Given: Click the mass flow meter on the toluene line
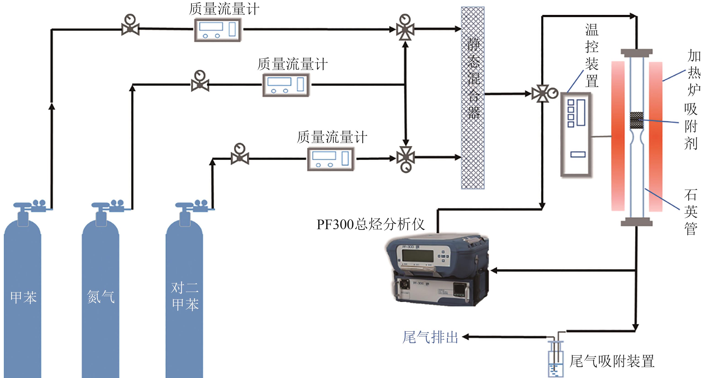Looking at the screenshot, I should pyautogui.click(x=217, y=30).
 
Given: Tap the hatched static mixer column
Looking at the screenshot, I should pyautogui.click(x=472, y=98).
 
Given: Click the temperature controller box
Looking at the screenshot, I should pyautogui.click(x=576, y=135).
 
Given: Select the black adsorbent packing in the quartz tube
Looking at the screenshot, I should pyautogui.click(x=637, y=120).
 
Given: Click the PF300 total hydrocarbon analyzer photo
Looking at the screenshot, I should pyautogui.click(x=437, y=271).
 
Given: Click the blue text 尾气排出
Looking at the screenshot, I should pyautogui.click(x=430, y=337).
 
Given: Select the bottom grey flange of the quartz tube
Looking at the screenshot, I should pyautogui.click(x=637, y=222).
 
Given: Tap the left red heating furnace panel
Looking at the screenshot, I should pyautogui.click(x=618, y=136).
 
